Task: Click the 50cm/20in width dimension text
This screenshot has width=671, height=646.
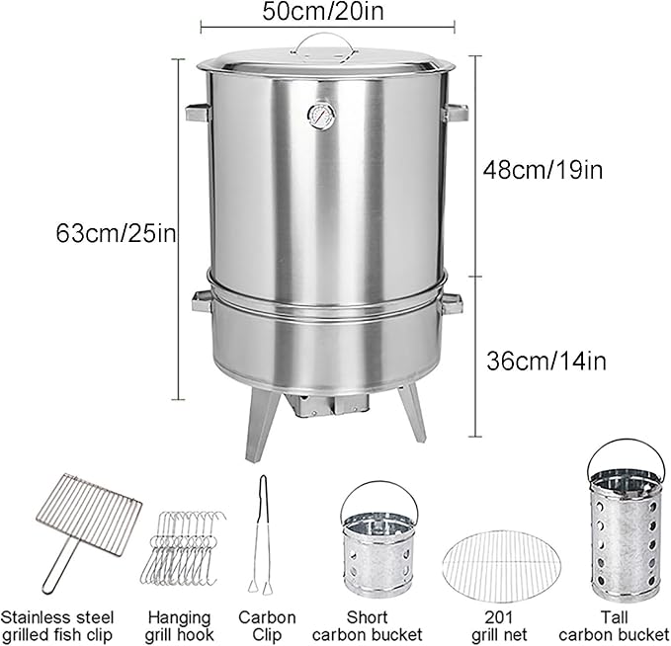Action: click(x=323, y=11)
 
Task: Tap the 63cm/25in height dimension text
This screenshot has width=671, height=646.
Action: click(x=116, y=233)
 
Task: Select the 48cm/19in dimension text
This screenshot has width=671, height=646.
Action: click(x=544, y=170)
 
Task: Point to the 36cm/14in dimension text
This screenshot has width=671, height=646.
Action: click(x=546, y=362)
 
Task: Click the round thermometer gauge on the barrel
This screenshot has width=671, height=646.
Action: click(x=321, y=116)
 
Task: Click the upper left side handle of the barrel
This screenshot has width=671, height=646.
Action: click(x=198, y=113)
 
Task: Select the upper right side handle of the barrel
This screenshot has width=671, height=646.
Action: click(x=456, y=113)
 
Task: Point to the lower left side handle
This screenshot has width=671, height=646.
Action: click(x=202, y=301)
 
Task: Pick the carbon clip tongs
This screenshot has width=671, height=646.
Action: click(x=262, y=534)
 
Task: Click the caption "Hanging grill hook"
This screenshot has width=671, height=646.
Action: click(x=179, y=626)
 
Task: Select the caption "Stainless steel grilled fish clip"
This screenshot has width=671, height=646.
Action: click(x=57, y=626)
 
